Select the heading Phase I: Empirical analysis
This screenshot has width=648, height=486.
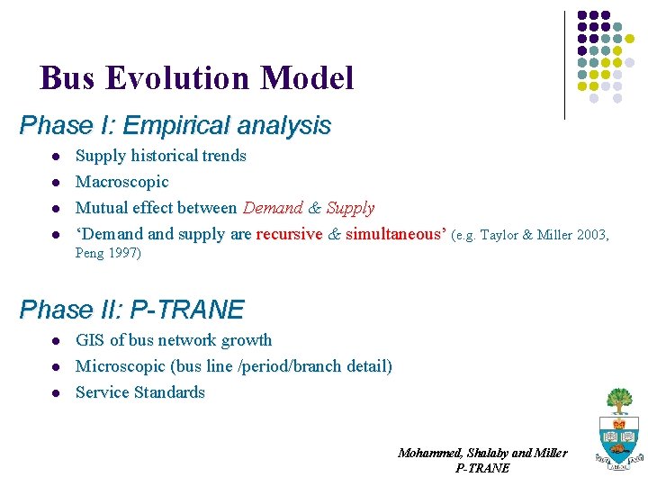(175, 125)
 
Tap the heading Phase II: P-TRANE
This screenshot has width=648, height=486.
(131, 310)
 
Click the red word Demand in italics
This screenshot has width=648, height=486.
(273, 208)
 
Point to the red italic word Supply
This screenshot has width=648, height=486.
(350, 208)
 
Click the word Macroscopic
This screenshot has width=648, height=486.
(121, 182)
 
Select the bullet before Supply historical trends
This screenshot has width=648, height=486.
(55, 157)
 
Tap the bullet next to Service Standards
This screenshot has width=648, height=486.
(55, 393)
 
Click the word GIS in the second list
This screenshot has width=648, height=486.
(90, 340)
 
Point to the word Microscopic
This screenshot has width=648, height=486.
(119, 366)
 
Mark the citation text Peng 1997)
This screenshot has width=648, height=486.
(108, 254)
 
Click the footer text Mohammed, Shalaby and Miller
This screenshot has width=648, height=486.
(482, 453)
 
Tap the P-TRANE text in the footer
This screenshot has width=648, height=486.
(482, 468)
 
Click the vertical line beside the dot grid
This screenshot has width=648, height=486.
(564, 65)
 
